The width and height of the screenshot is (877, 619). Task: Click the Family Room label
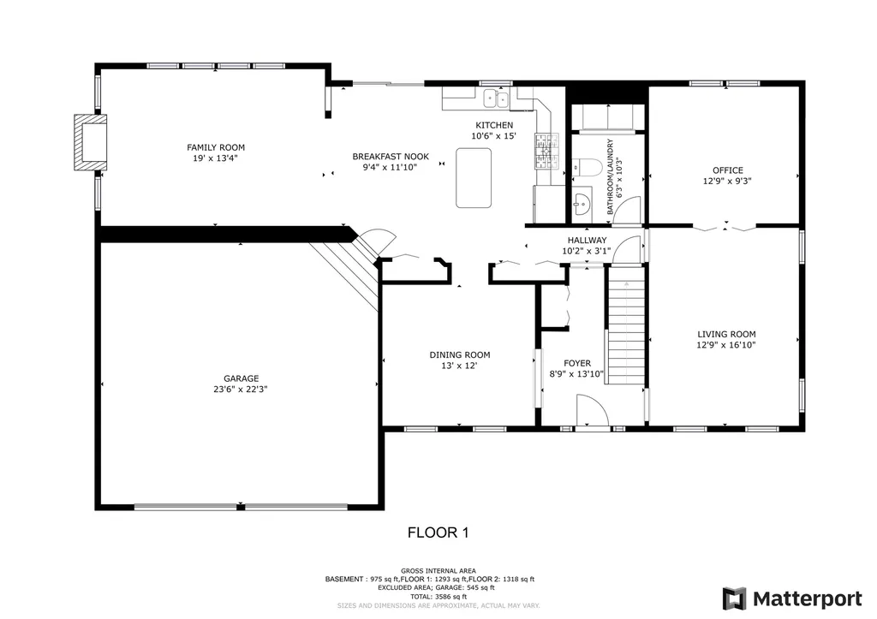(x=216, y=147)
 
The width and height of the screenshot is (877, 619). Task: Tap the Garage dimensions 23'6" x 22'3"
(x=241, y=390)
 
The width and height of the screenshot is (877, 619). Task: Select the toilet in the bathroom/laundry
(x=587, y=167)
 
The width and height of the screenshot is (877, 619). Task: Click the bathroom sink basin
(x=582, y=204)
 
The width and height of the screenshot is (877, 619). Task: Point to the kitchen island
(x=474, y=178)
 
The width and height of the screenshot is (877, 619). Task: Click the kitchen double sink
(x=496, y=99)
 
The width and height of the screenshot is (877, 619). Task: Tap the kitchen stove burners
(x=546, y=151)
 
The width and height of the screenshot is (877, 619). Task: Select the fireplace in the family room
(x=91, y=142)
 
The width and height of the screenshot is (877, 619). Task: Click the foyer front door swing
(x=593, y=410)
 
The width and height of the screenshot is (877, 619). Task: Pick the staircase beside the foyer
(x=626, y=325)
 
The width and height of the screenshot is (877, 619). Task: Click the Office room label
(x=728, y=170)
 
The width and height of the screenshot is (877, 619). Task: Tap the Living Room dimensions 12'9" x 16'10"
(x=726, y=345)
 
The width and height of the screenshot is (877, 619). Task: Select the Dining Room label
(x=460, y=355)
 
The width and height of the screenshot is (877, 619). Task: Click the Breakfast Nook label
(x=391, y=157)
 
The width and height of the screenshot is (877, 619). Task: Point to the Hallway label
(x=587, y=241)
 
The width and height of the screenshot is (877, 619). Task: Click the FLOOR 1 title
(x=438, y=533)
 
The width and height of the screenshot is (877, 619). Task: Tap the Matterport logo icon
(x=734, y=598)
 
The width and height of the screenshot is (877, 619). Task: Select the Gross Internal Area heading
(x=438, y=571)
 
